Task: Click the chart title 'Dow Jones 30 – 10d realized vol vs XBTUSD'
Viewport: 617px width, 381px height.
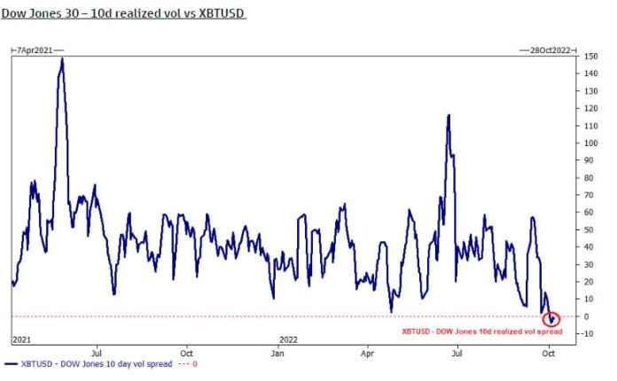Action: (x=123, y=14)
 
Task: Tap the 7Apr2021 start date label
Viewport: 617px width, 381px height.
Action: (x=32, y=50)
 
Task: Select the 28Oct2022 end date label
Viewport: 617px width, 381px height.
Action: (x=544, y=50)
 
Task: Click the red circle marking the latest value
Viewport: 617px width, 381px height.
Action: (x=553, y=318)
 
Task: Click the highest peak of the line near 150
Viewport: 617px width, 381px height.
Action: (x=61, y=58)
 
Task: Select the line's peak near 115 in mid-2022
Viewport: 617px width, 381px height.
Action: (x=449, y=115)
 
